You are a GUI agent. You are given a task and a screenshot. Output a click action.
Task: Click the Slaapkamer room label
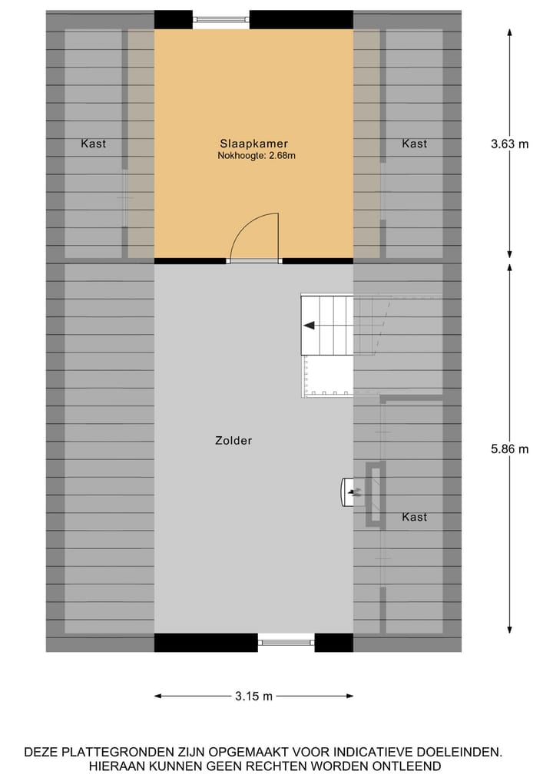point(253,144)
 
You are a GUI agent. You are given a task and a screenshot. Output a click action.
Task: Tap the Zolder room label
point(233,441)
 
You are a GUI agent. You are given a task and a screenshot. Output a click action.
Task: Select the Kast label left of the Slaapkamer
point(94,144)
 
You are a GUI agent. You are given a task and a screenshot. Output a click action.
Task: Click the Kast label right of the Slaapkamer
point(414,144)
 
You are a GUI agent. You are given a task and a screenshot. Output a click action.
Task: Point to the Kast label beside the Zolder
point(414,517)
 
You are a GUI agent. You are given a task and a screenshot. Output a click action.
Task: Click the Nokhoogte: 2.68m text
point(257,156)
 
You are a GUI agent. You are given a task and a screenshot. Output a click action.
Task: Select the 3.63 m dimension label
point(510,144)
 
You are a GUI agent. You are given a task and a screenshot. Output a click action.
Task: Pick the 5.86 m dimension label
point(510,449)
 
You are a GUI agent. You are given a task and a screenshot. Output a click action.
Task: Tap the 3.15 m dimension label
point(253,697)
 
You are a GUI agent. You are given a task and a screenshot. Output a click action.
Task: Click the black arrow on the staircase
point(309,326)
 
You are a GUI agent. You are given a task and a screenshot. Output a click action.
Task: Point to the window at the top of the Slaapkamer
point(220,20)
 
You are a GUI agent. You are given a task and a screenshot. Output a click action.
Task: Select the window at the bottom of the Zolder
point(286,642)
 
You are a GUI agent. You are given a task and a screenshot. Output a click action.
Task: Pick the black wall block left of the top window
point(173,19)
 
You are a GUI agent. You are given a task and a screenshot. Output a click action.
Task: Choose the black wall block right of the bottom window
point(333,643)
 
